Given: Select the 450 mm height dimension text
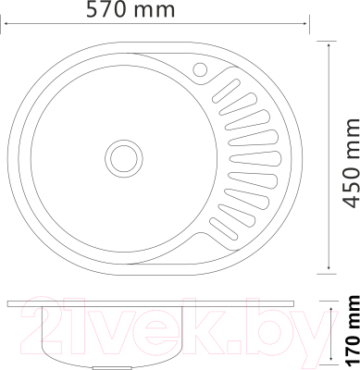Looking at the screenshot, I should pos(348,154).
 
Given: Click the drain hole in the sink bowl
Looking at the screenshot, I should pos(121,154).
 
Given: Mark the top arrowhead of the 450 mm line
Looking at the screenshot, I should pos(332,42).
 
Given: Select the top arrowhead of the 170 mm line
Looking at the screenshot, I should pos(332,303).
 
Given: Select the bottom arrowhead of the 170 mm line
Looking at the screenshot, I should pos(332,361).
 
